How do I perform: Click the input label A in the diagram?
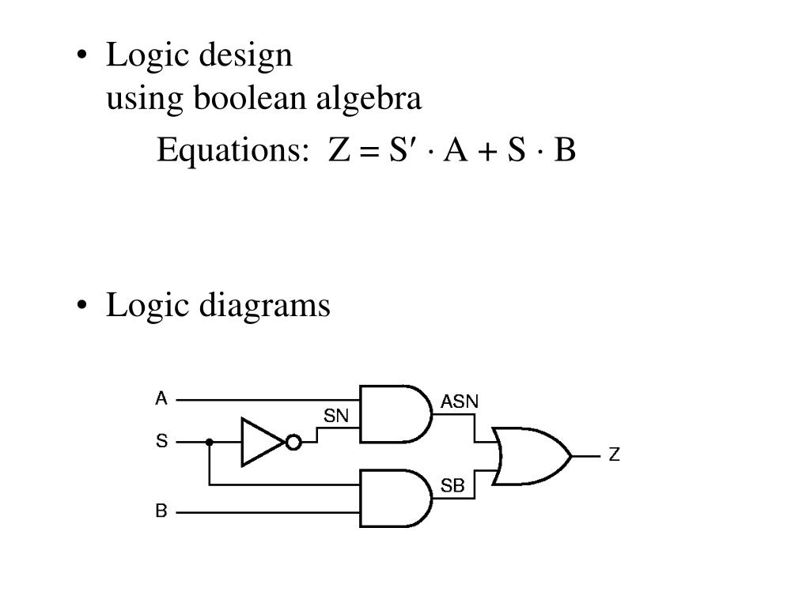(161, 398)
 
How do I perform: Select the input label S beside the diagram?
(161, 441)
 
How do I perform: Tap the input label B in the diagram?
(161, 511)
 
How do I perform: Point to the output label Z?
(614, 456)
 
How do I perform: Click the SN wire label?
(336, 416)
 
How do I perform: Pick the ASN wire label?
(459, 402)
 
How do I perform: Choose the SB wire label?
(452, 487)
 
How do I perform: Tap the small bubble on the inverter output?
(293, 443)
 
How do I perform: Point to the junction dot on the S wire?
(210, 442)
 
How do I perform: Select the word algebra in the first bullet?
(369, 100)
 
